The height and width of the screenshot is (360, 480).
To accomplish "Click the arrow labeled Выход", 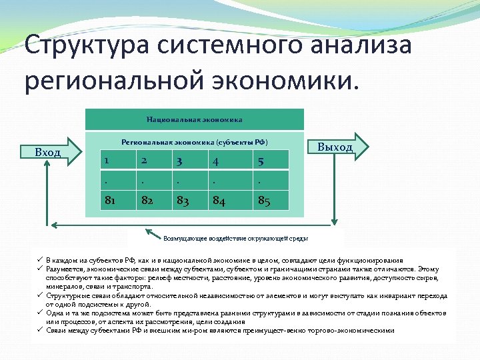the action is click(338, 147).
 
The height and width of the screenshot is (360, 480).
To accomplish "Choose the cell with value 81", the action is click(117, 200).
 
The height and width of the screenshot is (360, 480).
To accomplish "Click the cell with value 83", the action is click(190, 200).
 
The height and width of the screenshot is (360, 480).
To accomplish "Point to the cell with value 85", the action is click(271, 200).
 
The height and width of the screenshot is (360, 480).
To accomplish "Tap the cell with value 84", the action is click(228, 200).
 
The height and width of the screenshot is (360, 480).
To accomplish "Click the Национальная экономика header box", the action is click(195, 120).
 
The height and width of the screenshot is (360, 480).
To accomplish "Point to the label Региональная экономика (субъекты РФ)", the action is click(194, 142).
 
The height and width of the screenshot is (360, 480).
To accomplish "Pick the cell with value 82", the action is click(154, 200).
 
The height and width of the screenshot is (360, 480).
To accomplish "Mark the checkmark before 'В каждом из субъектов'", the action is click(40, 260).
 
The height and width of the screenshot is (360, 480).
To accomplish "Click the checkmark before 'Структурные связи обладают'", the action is click(40, 295).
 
